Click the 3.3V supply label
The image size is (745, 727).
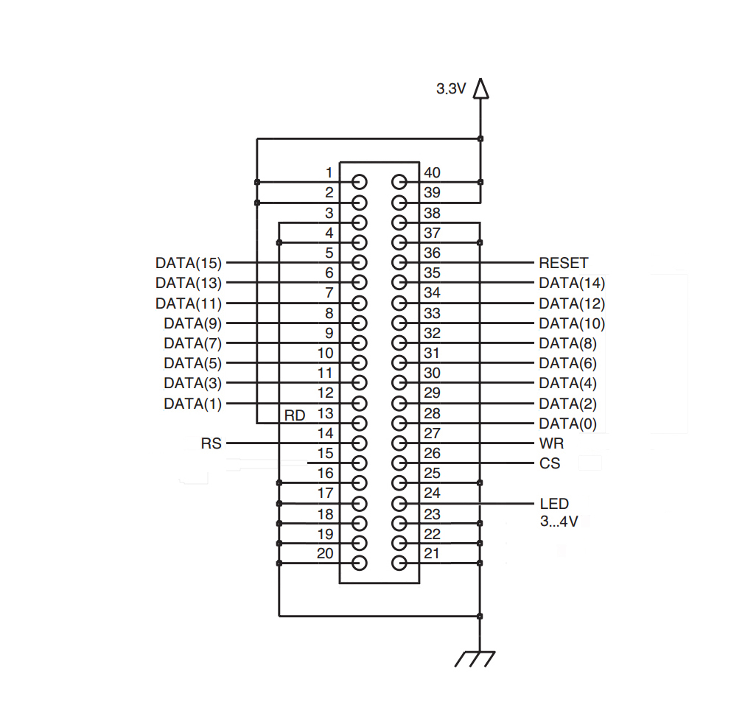(x=451, y=89)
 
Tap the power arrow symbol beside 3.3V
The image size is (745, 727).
(x=481, y=89)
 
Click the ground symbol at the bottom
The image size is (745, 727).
(x=475, y=659)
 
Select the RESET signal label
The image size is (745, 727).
(x=564, y=263)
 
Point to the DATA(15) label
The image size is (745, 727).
(x=189, y=263)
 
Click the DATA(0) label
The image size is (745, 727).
(x=568, y=424)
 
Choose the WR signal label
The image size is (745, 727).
(x=552, y=443)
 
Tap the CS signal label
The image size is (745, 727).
(x=550, y=463)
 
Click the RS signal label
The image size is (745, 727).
(x=211, y=443)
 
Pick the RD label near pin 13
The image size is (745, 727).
(x=295, y=415)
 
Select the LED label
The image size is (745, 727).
(x=554, y=504)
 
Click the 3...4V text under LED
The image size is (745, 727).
(x=559, y=521)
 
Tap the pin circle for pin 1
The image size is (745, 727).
(x=360, y=182)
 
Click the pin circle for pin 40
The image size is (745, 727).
(x=399, y=182)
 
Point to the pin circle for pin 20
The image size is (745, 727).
(x=360, y=563)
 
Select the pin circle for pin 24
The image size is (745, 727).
(x=399, y=503)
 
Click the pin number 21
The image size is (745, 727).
(x=431, y=554)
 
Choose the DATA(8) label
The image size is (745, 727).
(x=568, y=343)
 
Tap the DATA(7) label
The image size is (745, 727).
(x=193, y=343)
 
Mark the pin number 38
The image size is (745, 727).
(x=432, y=213)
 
